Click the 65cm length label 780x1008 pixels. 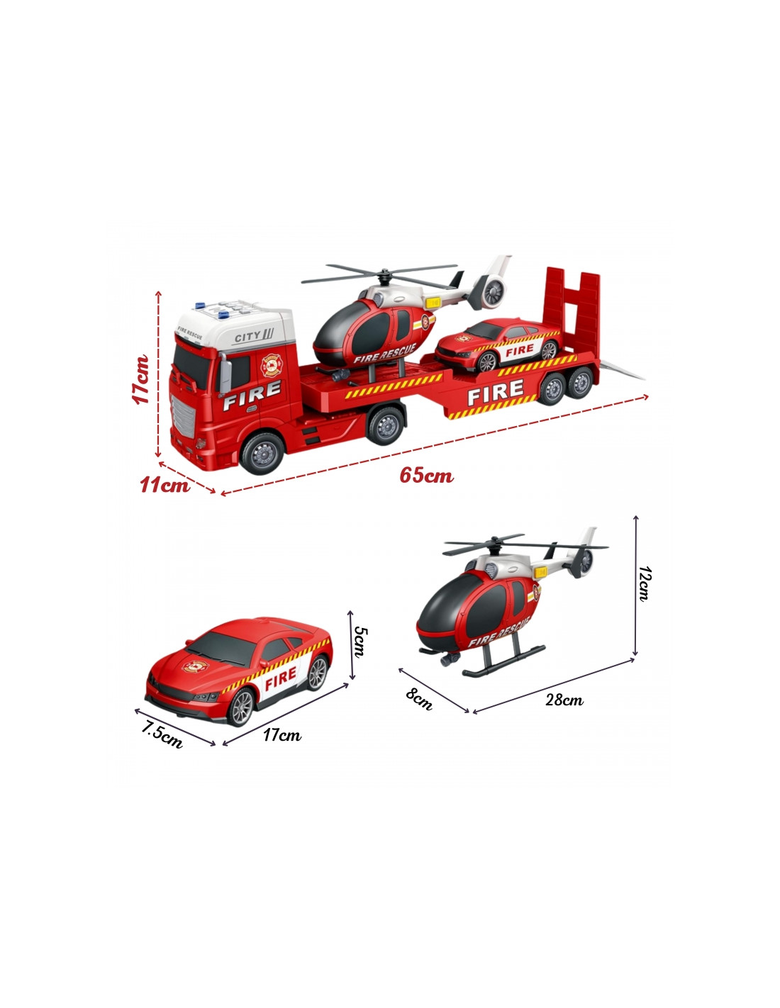426,476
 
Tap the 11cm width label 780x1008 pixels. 165,486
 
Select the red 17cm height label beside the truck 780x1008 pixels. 140,380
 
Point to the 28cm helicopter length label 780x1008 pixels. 564,700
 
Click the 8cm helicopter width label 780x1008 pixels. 418,700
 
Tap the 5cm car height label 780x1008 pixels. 360,642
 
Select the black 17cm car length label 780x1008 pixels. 282,735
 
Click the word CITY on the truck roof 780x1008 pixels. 247,337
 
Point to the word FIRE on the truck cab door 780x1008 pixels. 252,396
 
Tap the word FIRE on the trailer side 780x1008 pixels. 495,391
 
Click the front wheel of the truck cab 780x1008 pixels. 262,453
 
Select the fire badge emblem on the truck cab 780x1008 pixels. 271,365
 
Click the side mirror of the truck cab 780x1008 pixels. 225,375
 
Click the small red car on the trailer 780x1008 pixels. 498,344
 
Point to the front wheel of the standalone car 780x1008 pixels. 241,707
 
